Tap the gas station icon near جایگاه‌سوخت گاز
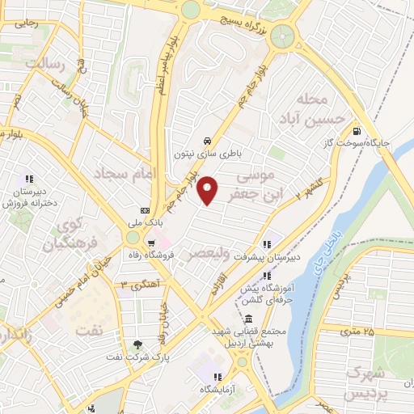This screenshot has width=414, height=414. [x=357, y=132]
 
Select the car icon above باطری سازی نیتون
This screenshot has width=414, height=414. [x=208, y=138]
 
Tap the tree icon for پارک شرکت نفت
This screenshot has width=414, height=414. [x=137, y=344]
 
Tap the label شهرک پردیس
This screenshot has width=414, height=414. [x=365, y=382]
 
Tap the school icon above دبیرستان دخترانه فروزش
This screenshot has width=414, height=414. [x=29, y=180]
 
